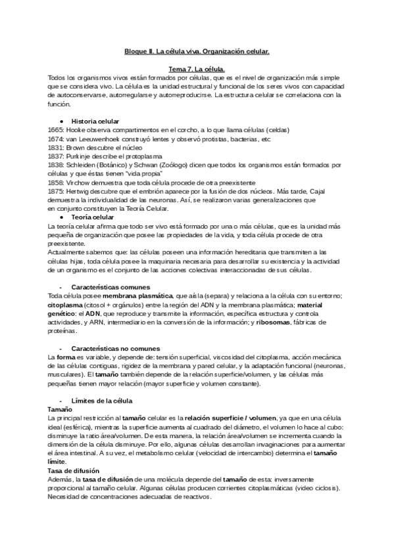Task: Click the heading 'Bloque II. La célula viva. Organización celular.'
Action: point(197,51)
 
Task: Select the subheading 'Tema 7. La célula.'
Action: point(197,69)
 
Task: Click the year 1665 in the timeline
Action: point(56,130)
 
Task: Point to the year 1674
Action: point(56,139)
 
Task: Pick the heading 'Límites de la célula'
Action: point(102,401)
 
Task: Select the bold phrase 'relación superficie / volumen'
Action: point(227,418)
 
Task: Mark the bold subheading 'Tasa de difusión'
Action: point(74,470)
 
